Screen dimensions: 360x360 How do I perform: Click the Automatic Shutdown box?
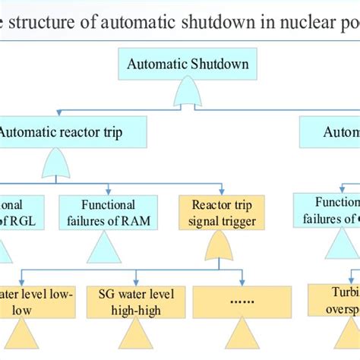point(188,64)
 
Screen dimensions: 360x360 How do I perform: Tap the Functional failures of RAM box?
point(108,212)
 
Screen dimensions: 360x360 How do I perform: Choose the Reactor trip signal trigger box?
point(222,213)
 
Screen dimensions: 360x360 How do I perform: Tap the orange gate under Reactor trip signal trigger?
point(220,245)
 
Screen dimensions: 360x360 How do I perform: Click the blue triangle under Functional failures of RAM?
point(104,248)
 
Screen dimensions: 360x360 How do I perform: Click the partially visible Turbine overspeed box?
point(334,302)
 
